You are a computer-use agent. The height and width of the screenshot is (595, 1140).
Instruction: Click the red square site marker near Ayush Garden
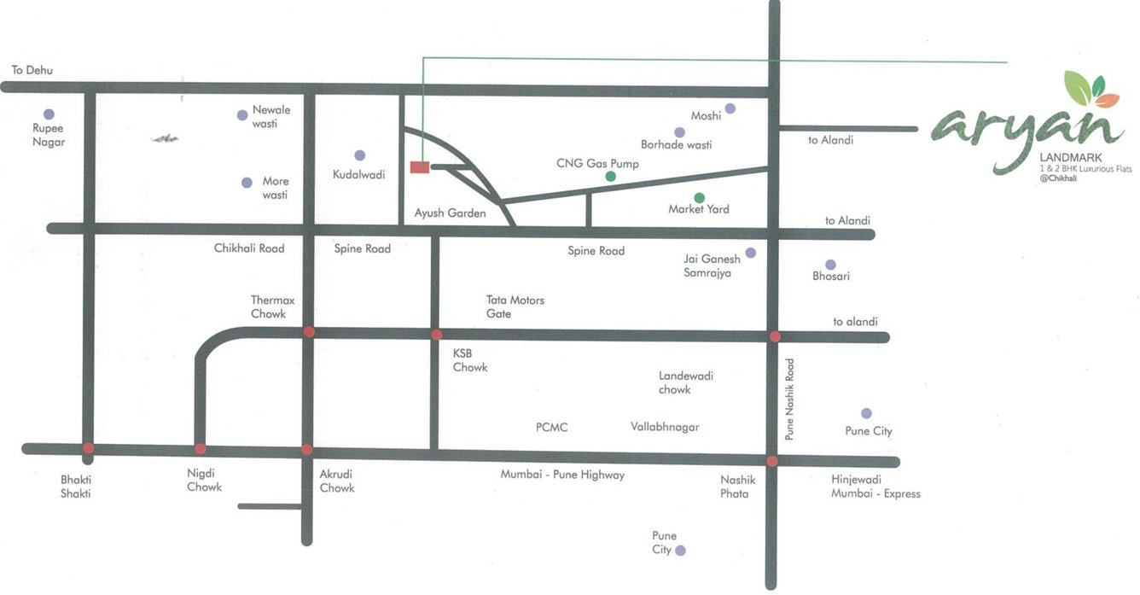click(419, 167)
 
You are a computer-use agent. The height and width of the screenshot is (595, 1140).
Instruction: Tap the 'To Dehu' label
click(32, 70)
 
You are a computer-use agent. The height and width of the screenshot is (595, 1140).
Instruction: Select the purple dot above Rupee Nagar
click(49, 114)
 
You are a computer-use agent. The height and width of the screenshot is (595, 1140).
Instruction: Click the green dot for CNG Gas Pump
click(610, 177)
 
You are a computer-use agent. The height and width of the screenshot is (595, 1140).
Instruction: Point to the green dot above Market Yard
click(699, 197)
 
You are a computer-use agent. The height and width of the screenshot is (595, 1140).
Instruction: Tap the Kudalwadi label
click(358, 174)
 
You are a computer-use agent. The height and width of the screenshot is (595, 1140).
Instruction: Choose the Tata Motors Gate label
click(515, 306)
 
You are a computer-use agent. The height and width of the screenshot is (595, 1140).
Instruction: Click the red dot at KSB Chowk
click(436, 335)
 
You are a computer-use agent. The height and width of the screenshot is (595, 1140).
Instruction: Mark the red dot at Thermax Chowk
click(309, 331)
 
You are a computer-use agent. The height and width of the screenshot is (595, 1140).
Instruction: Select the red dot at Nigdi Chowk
click(200, 448)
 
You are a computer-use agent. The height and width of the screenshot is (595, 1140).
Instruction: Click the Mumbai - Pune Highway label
click(562, 475)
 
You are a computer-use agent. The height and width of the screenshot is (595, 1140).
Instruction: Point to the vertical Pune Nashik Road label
click(789, 399)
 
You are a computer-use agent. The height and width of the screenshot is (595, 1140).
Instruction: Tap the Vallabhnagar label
click(665, 426)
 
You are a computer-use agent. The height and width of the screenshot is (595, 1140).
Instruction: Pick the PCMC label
click(552, 427)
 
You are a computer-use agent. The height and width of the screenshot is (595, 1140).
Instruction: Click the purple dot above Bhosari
click(830, 265)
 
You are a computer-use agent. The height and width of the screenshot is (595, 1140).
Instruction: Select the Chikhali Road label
click(249, 248)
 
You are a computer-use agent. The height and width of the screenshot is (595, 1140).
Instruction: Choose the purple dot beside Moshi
click(730, 109)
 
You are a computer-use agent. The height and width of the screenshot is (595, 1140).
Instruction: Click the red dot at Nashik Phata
click(771, 461)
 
